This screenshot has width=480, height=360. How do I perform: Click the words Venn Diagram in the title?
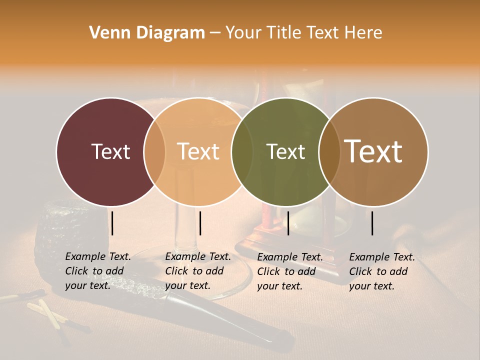147,33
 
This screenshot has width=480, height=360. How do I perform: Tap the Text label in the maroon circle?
110,151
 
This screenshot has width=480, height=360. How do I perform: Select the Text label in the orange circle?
198,151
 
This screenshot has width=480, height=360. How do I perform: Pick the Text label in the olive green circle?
285,151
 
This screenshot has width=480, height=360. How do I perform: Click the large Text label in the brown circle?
373,151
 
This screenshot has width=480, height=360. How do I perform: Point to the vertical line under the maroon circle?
112,223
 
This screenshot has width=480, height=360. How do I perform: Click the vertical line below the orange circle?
200,223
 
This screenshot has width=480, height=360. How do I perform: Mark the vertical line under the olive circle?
288,223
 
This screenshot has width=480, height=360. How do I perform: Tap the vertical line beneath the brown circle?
372,223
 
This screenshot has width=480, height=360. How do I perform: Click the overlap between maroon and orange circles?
154,151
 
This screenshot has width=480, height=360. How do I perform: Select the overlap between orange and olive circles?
242,151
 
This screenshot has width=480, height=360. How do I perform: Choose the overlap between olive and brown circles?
328,151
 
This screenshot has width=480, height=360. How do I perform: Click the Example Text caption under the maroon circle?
97,271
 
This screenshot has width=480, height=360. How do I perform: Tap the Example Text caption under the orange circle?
197,271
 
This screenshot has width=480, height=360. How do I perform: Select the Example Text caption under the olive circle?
289,271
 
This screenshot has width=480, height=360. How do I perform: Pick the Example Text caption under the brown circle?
381,271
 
